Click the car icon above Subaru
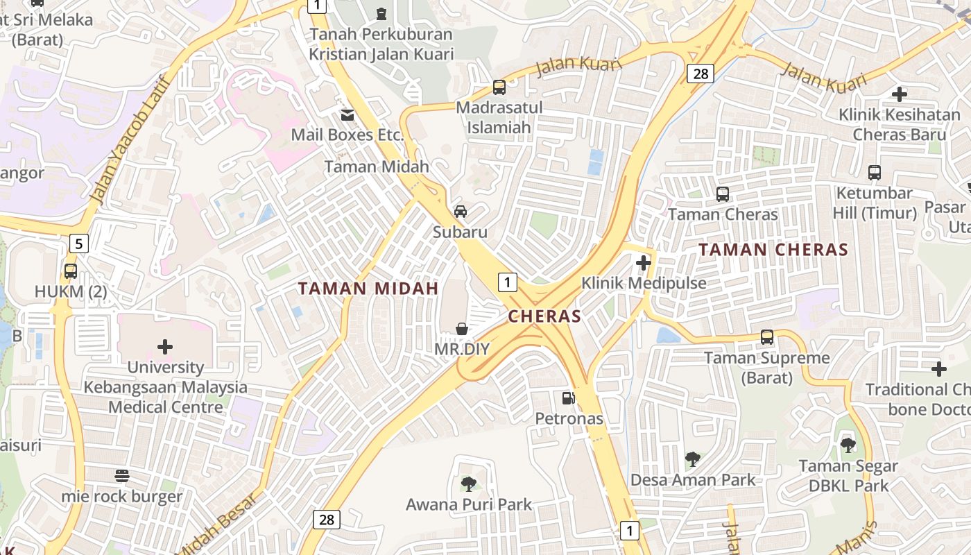460,212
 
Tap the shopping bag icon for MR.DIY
461,329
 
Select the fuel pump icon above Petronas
568,398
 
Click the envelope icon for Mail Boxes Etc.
347,114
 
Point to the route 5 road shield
79,244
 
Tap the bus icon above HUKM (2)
70,271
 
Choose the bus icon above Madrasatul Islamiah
499,87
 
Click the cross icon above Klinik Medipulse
643,263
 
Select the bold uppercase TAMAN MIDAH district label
368,289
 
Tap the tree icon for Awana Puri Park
468,484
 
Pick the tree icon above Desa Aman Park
691,459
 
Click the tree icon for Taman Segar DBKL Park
848,445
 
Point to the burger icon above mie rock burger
122,476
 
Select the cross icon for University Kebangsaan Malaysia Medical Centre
165,346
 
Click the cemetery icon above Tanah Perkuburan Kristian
381,13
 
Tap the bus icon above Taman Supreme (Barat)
766,337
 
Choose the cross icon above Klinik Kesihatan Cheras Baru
899,94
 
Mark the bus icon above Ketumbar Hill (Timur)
874,172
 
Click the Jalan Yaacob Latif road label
130,139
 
